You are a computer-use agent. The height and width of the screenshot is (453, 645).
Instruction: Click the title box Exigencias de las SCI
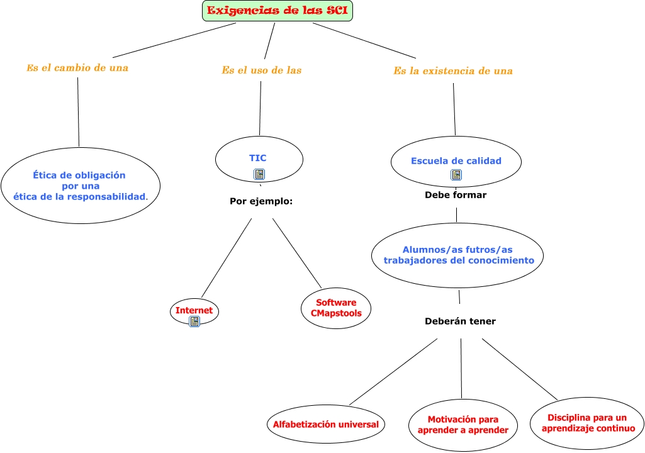tap(278, 11)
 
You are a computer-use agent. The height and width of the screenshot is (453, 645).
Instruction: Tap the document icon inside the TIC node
tap(259, 174)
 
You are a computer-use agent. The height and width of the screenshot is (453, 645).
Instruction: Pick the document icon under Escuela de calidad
tap(456, 175)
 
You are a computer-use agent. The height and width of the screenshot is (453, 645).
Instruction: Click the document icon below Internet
tap(194, 322)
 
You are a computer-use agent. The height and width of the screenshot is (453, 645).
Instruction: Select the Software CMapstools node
tap(336, 308)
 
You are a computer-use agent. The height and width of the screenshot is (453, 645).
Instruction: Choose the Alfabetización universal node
tap(326, 424)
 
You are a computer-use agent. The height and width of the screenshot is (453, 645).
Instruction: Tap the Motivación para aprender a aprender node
tap(463, 425)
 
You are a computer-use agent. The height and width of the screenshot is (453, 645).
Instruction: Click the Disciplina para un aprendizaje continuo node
tap(587, 423)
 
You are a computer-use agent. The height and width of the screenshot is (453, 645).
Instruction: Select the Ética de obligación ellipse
tap(81, 186)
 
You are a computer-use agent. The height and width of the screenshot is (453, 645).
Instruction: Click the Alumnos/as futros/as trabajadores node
tap(457, 255)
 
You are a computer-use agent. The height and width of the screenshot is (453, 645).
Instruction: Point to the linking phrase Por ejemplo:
tap(261, 201)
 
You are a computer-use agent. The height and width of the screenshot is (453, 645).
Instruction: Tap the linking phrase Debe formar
tap(456, 195)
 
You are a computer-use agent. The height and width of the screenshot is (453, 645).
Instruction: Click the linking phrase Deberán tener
tap(460, 322)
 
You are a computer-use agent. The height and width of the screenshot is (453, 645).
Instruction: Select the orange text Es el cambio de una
tap(77, 68)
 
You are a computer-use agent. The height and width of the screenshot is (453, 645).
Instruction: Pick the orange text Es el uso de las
tap(262, 70)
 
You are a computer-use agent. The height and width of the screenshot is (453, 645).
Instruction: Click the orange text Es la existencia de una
tap(453, 70)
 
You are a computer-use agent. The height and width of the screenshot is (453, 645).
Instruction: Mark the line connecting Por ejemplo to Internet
tap(227, 258)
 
